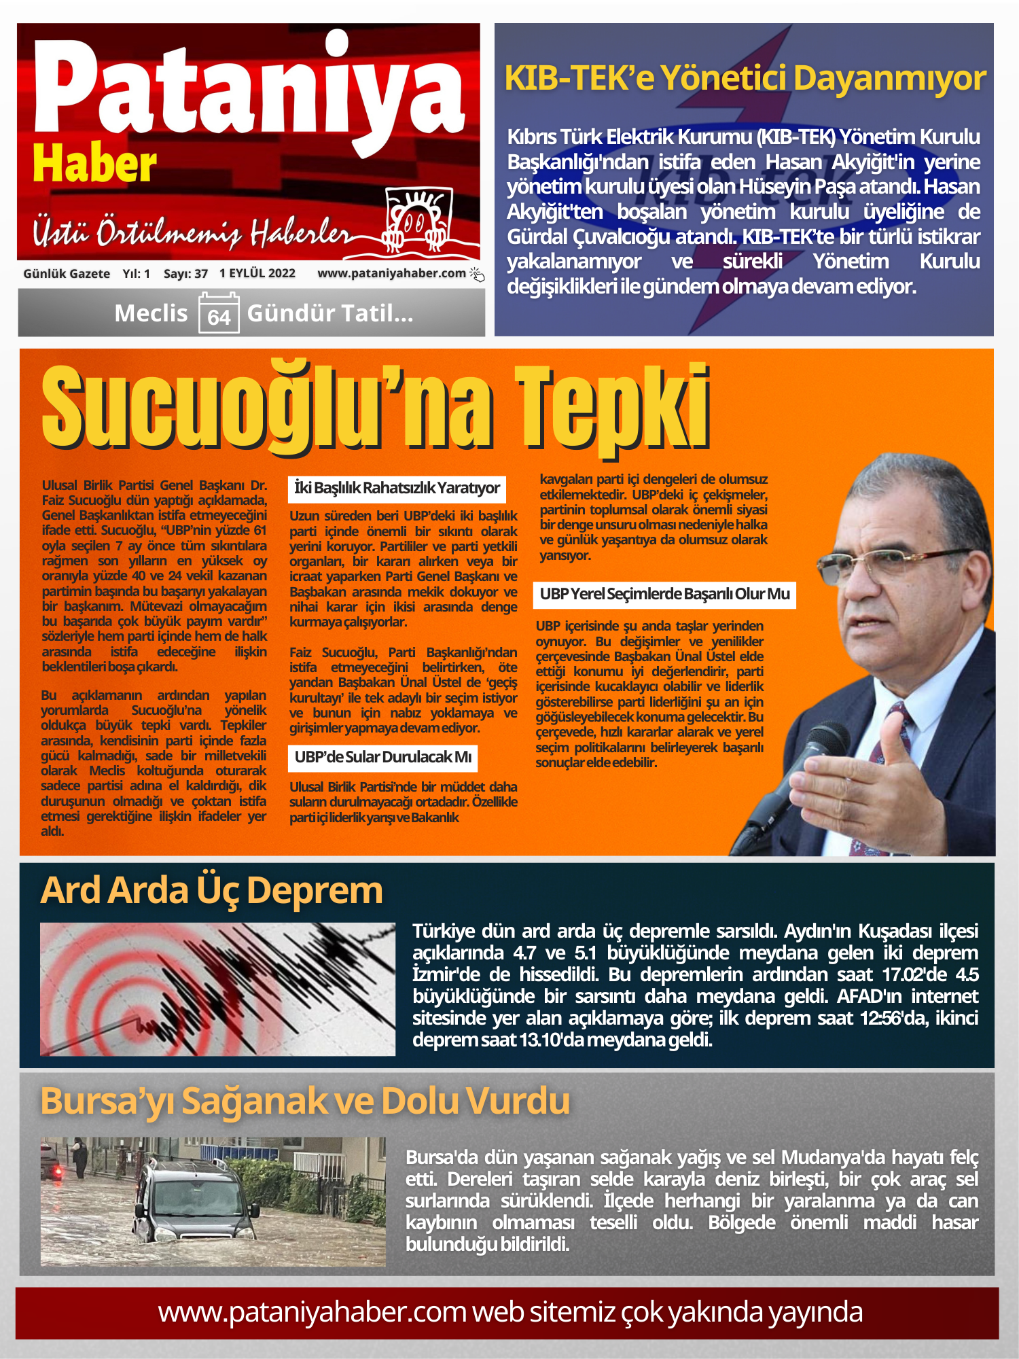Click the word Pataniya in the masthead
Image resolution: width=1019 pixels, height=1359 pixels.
tap(248, 92)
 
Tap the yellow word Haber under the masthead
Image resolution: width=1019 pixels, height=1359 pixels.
tap(94, 165)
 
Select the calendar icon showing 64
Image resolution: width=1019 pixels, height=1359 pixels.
tap(218, 313)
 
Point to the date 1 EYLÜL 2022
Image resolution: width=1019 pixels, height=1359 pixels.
tap(257, 273)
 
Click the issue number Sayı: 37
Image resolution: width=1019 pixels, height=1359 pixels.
tap(185, 274)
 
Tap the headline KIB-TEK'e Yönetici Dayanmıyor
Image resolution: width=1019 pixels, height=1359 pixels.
tap(745, 78)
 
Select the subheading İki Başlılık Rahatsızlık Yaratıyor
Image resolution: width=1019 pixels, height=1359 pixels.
tap(397, 488)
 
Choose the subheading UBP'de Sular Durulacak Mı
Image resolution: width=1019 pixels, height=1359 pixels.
tap(382, 757)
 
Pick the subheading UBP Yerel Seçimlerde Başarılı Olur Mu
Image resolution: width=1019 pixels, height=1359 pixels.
tap(664, 594)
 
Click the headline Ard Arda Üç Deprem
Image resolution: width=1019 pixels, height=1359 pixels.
tap(211, 890)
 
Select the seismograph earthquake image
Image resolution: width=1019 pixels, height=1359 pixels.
tap(217, 989)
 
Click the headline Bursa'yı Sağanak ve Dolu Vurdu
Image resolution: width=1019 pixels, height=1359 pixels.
tap(305, 1101)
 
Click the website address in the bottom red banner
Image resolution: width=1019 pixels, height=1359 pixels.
tap(509, 1312)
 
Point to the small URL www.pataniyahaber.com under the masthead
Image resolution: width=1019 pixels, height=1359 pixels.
tap(391, 273)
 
